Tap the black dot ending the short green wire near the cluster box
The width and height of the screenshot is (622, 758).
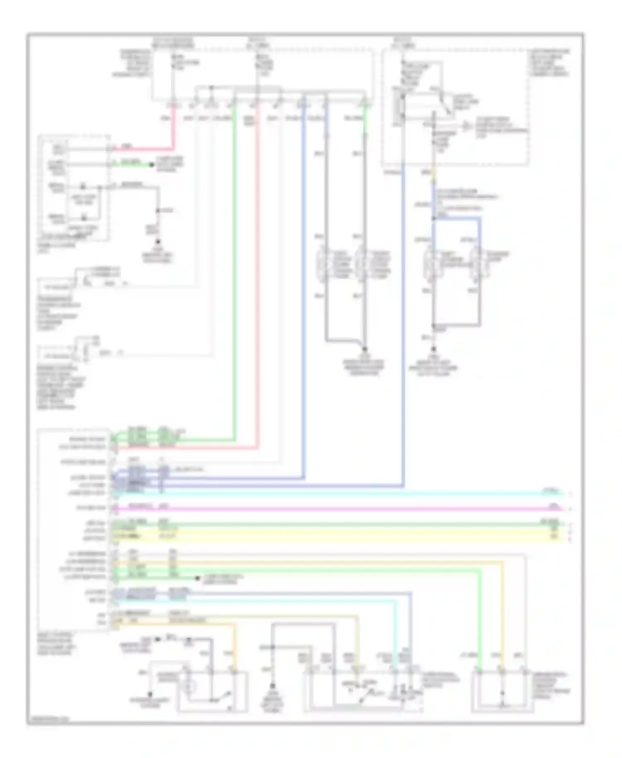point(152,165)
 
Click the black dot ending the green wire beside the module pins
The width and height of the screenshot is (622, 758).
point(197,578)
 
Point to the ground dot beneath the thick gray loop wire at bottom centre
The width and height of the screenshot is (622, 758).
point(272,686)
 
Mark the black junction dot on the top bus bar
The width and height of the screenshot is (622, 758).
point(211,88)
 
